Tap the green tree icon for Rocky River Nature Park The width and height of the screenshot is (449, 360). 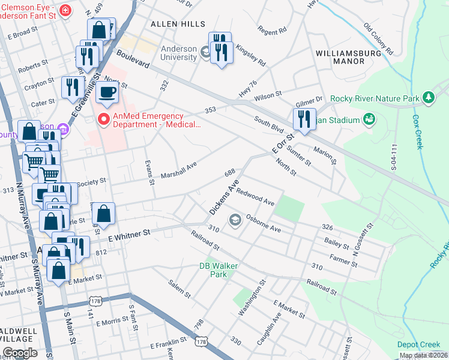(428, 97)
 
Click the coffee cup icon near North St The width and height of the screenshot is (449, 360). (107, 92)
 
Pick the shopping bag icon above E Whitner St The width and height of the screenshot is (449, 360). (104, 213)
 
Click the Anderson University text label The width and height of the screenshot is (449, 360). (178, 53)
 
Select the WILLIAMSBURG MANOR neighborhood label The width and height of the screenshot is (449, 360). (348, 57)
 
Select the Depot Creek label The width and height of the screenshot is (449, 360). (418, 344)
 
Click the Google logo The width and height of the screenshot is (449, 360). (20, 353)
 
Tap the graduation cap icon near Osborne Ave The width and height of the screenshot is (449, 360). (234, 220)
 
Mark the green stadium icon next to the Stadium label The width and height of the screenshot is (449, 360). (369, 119)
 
